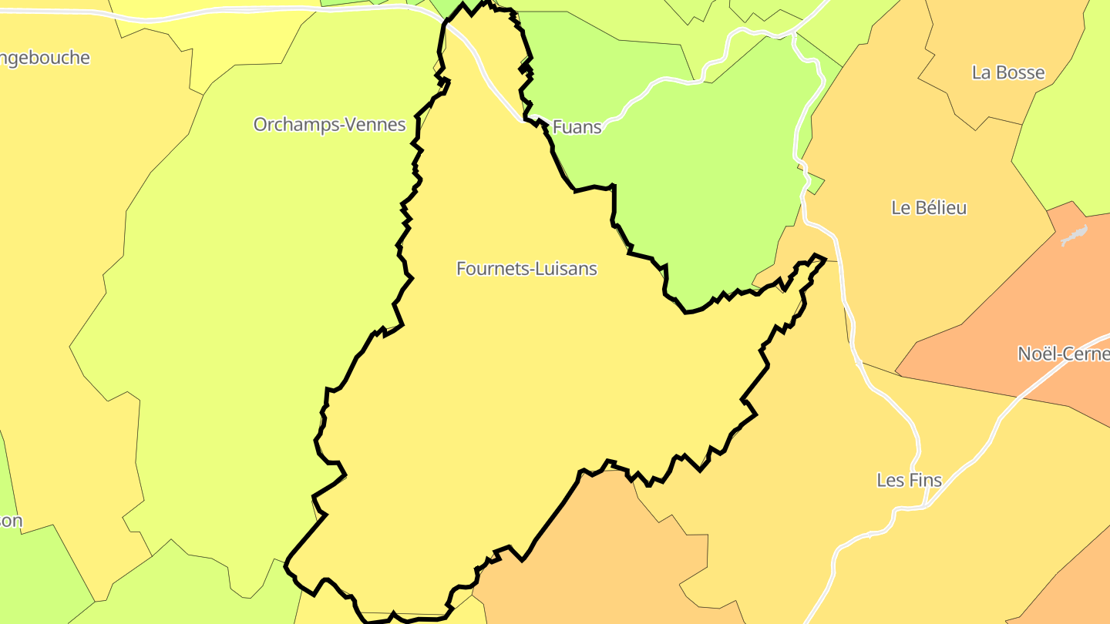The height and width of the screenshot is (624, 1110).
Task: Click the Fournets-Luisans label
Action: (x=526, y=269)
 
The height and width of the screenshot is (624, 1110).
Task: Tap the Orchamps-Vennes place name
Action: (x=329, y=124)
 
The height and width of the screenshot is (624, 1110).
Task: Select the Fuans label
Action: (x=577, y=127)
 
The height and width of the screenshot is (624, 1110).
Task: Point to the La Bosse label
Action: (x=1007, y=72)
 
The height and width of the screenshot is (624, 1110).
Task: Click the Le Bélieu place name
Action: (x=928, y=207)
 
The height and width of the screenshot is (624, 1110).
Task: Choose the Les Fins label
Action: (x=909, y=480)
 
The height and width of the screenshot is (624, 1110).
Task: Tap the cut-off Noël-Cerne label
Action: (x=1063, y=354)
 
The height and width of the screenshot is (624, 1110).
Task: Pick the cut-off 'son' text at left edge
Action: (x=11, y=521)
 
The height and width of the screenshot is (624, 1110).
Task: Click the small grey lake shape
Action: (x=1074, y=236)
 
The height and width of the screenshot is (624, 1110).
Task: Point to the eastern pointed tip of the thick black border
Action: (x=825, y=259)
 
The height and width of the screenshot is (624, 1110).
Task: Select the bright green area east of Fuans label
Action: (x=694, y=169)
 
